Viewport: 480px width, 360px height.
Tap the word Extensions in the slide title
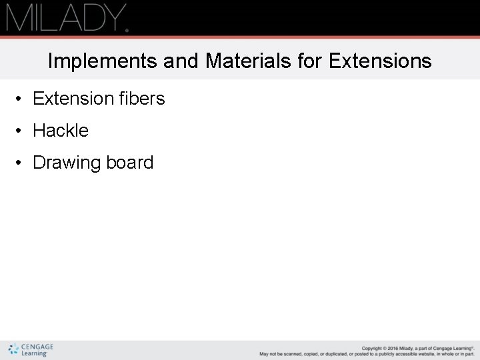pos(380,61)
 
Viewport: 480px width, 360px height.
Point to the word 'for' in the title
pos(309,61)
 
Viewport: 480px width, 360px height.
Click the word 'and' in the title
pos(180,61)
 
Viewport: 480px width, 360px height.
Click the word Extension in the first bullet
pos(73,99)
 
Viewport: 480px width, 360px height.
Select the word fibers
pos(142,99)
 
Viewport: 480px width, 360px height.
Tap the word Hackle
pos(61,131)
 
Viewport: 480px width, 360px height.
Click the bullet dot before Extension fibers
pos(21,99)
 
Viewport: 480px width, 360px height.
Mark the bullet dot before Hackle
pos(21,131)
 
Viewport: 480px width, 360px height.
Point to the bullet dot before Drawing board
pos(21,163)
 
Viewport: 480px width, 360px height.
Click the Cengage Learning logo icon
pos(13,349)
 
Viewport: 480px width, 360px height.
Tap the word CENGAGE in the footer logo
pos(37,347)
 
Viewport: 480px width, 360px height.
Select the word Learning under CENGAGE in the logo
pos(34,354)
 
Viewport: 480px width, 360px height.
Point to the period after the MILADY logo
pos(126,29)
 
